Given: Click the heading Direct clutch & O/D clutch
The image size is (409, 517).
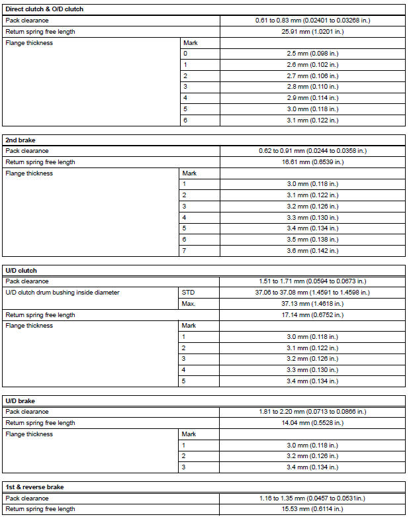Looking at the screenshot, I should pos(44,9).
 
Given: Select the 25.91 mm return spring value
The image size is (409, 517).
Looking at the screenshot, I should pos(312,31).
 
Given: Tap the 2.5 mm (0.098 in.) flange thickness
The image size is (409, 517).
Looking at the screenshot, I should pos(312,54).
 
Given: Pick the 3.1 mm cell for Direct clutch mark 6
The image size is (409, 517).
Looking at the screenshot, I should pos(312,120).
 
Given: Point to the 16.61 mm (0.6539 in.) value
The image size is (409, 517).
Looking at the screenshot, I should pos(312,162).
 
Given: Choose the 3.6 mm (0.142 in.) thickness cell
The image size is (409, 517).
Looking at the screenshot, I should pos(312,251).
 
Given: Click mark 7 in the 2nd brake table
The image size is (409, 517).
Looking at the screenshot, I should pos(185,251).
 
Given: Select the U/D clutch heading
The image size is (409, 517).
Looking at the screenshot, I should pos(21,270).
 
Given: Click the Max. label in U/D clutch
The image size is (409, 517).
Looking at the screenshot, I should pos(189,304).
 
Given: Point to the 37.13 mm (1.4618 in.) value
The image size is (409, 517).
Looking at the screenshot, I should pos(312,304).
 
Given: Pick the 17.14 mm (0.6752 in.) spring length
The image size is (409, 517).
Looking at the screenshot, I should pos(312,315).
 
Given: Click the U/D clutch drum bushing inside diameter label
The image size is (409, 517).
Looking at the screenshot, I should pos(62,293).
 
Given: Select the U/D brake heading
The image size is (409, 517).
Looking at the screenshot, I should pos(21,400).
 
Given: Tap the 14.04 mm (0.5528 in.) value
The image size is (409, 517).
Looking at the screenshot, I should pos(312,423).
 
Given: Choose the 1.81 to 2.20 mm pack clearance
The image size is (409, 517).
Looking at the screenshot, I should pos(312,412).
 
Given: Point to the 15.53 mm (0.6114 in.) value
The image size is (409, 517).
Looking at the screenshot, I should pos(312,509).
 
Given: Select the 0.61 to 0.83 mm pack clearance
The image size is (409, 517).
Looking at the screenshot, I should pos(312,21).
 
